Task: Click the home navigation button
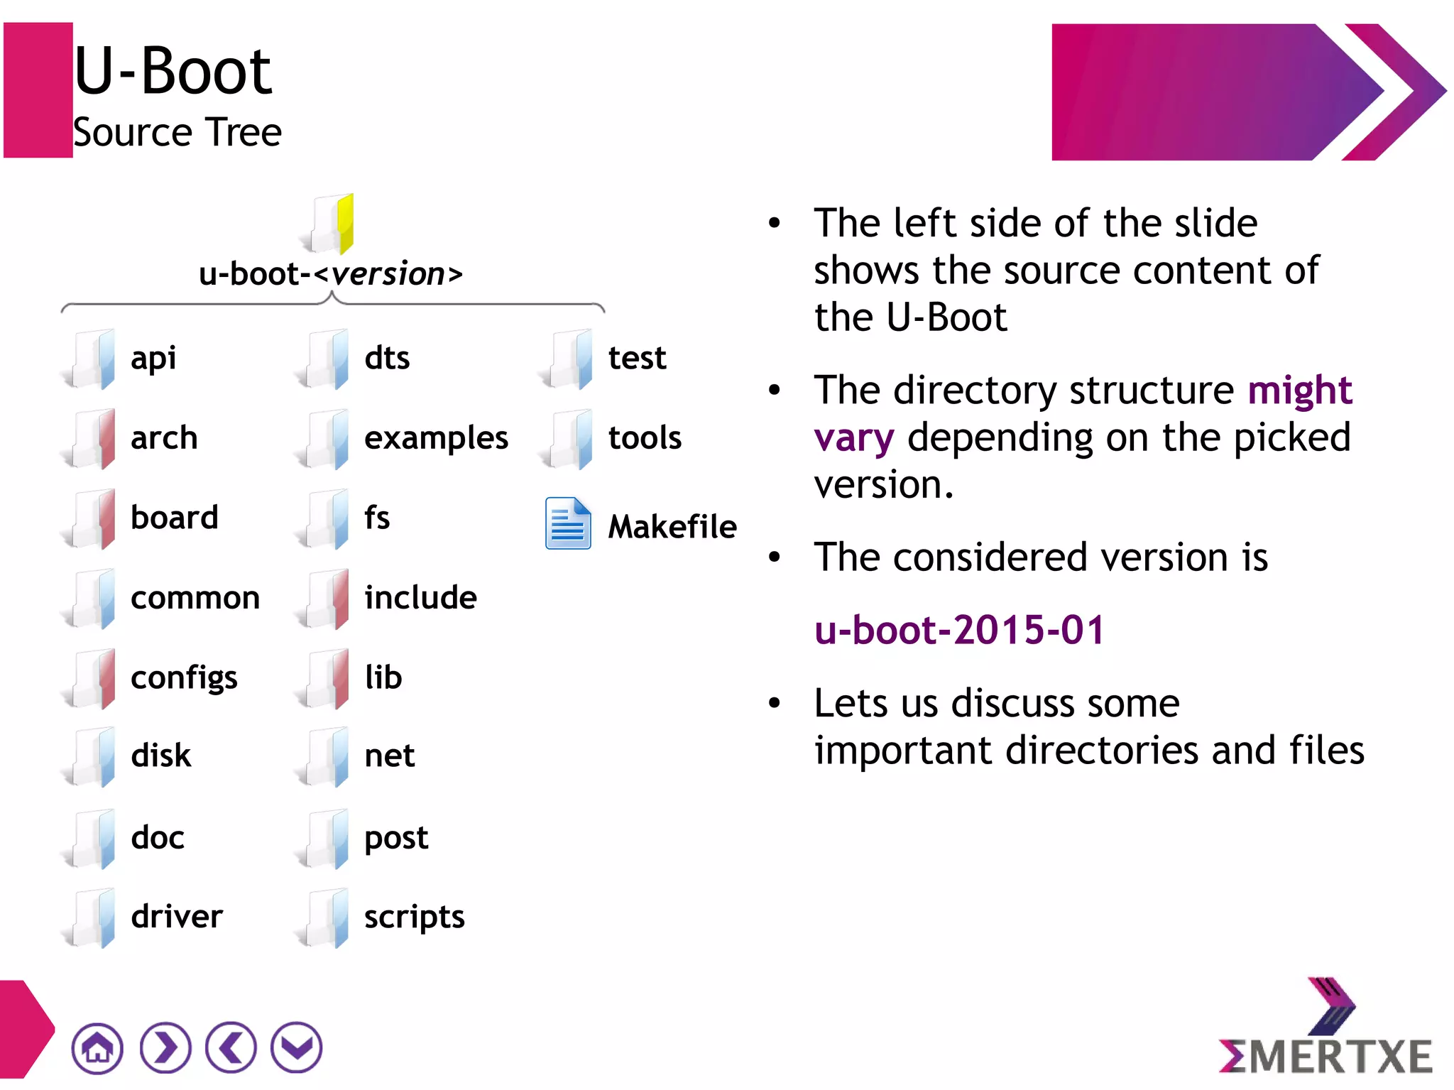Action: (97, 1047)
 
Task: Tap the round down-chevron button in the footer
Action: (297, 1047)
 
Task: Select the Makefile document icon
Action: (568, 523)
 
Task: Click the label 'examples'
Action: (436, 438)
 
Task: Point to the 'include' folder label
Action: (420, 597)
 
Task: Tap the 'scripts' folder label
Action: (414, 917)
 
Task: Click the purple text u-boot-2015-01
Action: (959, 630)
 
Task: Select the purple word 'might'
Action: (1300, 390)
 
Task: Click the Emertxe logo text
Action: (1325, 1055)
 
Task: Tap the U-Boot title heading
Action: (173, 71)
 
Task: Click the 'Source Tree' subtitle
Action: (177, 133)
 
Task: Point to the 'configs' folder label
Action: (184, 678)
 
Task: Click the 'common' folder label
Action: (195, 598)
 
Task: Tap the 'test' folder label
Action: (637, 358)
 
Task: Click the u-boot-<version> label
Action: (331, 274)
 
